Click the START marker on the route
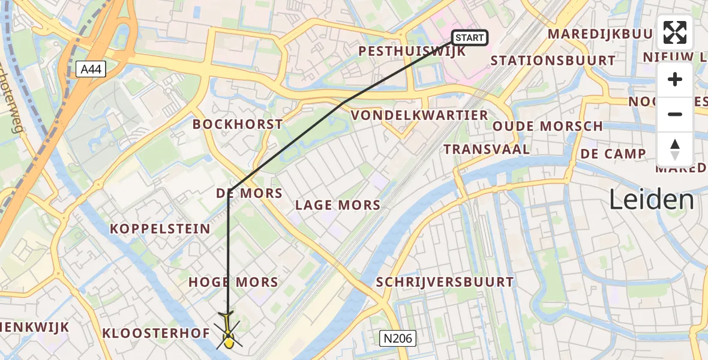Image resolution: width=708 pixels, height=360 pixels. coord(469,38)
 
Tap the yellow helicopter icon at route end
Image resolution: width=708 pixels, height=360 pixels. coord(228,332)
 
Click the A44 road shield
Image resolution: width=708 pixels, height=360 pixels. coord(92,70)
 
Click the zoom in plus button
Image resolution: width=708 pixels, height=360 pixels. coord(675,80)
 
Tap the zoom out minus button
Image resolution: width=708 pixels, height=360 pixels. coord(675,115)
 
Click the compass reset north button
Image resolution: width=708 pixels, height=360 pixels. coord(675,149)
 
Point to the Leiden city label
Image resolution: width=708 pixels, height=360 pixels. coord(652,199)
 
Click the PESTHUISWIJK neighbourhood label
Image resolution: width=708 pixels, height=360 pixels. coord(412,52)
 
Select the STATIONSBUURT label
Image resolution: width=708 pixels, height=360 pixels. coord(553,61)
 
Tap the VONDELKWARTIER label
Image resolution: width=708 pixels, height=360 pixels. coord(419,115)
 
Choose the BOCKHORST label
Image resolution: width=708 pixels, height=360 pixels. coord(238,125)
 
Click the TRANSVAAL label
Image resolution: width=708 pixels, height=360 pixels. coord(487,149)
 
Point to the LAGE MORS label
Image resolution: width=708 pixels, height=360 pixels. coord(338,205)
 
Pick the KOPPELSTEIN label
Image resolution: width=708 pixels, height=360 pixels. coord(160,229)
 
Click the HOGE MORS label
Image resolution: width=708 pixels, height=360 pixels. coord(233,282)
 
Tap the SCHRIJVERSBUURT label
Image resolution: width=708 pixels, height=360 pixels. coord(445,282)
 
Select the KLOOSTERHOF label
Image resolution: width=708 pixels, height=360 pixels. coord(156,333)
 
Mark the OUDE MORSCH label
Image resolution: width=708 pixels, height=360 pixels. coord(548,126)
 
